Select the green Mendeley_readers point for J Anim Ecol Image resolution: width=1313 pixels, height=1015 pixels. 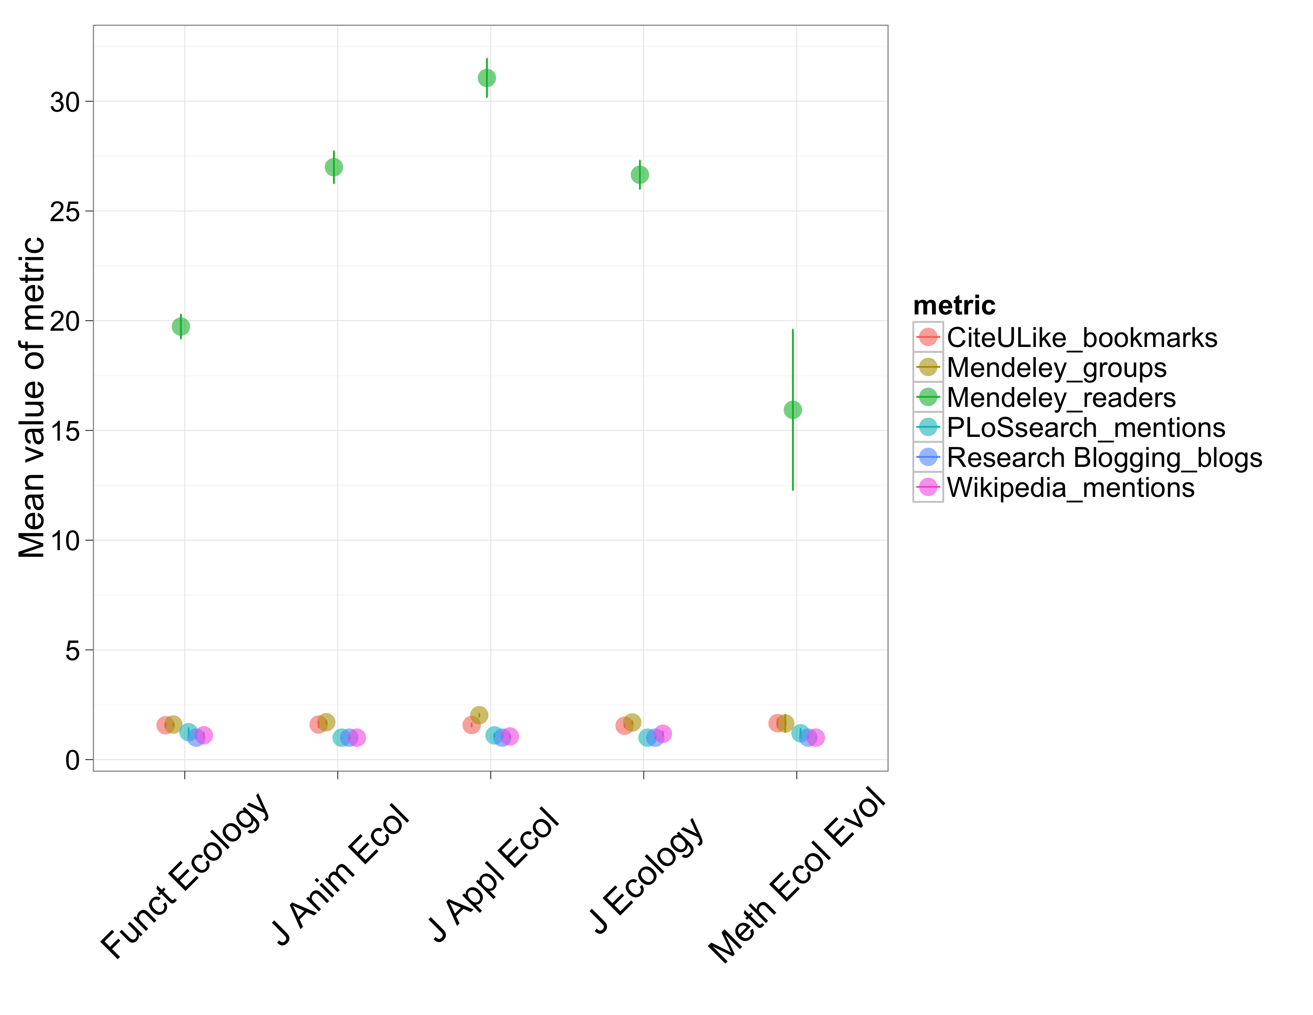[x=333, y=167]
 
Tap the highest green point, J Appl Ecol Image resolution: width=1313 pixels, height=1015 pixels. [x=487, y=78]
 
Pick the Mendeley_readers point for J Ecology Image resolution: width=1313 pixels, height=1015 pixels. [x=640, y=175]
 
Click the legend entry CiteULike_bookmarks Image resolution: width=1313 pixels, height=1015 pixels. [x=1082, y=338]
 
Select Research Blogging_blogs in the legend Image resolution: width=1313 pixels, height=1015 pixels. [x=1104, y=458]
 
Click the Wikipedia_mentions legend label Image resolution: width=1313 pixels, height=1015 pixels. [x=1071, y=488]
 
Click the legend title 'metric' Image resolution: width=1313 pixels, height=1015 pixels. [x=954, y=305]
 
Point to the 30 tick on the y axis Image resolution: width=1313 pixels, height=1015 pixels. [x=65, y=102]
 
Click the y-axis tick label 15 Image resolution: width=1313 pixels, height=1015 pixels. [x=65, y=431]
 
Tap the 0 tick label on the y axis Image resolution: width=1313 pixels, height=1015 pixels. [x=72, y=761]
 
